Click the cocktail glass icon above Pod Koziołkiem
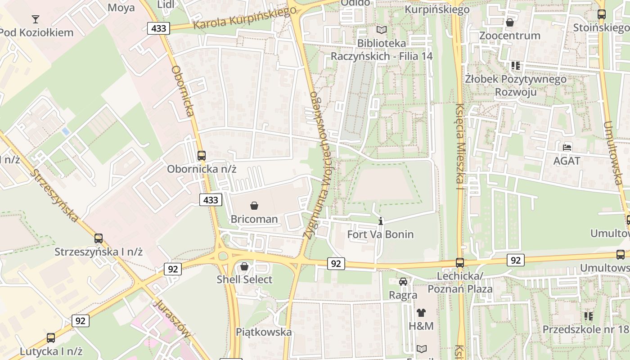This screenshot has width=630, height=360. coord(36,19)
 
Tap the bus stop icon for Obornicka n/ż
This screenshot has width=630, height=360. coord(202,156)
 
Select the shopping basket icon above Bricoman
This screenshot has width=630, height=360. coord(254,206)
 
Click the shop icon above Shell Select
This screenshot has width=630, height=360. coord(244,266)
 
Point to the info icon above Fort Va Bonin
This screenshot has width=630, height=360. coord(381,221)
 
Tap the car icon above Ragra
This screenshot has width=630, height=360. coord(403,282)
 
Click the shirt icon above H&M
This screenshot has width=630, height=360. coord(421,312)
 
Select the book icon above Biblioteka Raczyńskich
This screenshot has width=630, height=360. coord(382,30)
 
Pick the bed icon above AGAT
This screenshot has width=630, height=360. coord(567,147)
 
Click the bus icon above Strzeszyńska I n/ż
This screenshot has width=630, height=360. coord(99,238)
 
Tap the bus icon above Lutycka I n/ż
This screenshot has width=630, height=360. coord(51,337)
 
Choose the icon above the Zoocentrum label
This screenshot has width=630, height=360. coord(510,22)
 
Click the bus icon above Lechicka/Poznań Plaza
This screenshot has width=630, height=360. coord(460,262)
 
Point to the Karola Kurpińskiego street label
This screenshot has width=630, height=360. coord(242,19)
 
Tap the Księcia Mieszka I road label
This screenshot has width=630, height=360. coord(460,146)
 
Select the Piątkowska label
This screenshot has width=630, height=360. coord(264,332)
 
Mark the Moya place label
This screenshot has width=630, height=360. coord(121,8)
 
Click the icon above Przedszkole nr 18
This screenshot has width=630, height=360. coord(588,316)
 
